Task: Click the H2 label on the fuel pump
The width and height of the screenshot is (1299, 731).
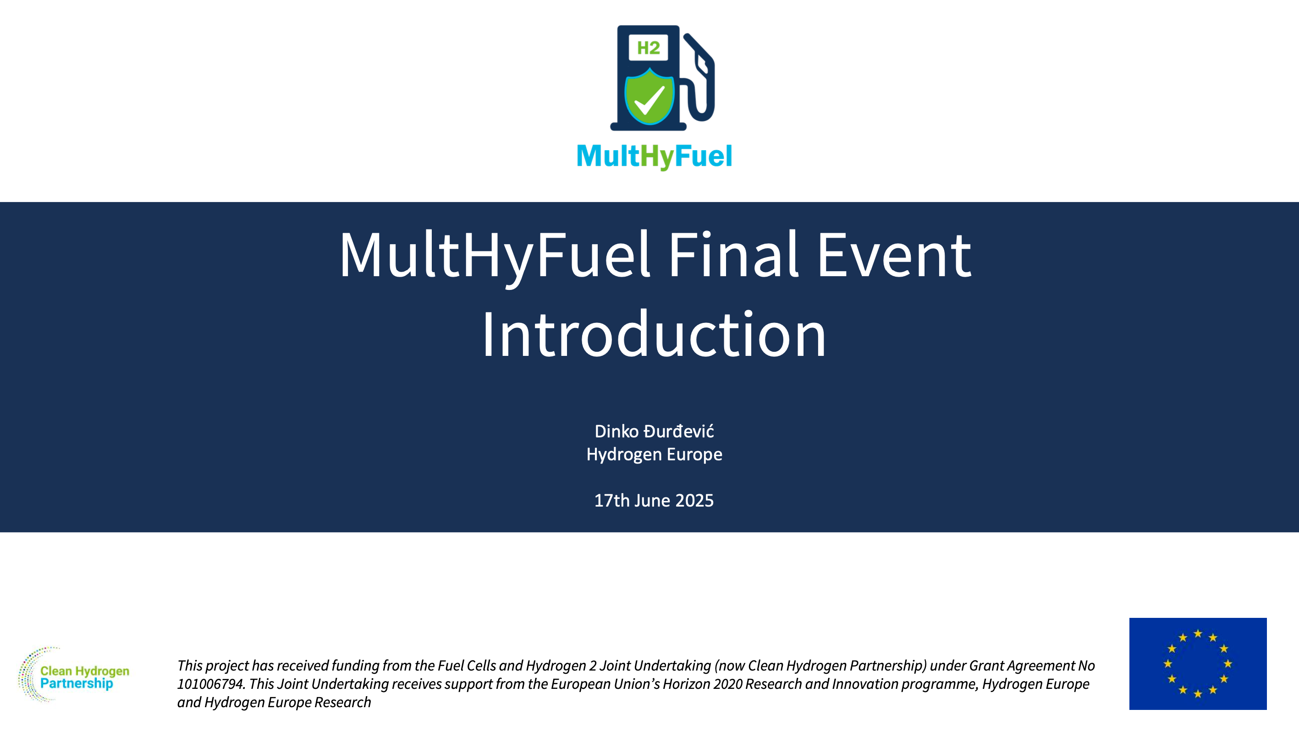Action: coord(648,48)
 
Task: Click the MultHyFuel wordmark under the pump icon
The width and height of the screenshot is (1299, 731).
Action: coord(654,156)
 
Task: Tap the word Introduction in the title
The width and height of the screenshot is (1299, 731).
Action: coord(654,334)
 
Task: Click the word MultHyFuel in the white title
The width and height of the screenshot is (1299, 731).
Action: coord(495,257)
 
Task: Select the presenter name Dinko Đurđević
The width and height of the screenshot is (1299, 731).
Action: coord(654,431)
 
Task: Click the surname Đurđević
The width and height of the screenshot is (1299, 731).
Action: coord(679,431)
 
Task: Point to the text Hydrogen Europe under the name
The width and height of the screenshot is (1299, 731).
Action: coord(654,454)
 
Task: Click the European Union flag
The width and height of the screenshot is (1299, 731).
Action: coord(1198,664)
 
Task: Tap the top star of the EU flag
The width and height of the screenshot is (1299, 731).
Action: coord(1198,633)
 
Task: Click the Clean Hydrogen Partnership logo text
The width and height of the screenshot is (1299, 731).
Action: coord(85,677)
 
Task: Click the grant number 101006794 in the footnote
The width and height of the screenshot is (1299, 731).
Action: coord(210,684)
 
